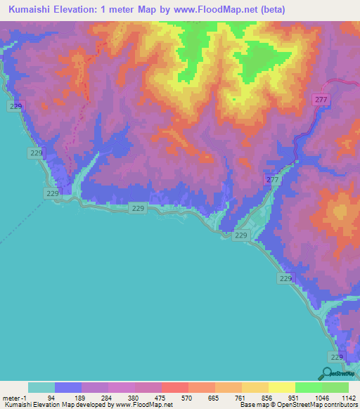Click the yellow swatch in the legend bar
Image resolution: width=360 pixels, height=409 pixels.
(x=282, y=387)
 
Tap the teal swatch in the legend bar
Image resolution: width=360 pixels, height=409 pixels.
(x=41, y=387)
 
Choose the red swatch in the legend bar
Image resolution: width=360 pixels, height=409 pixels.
(x=175, y=387)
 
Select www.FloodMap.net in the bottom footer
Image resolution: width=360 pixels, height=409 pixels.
(x=143, y=405)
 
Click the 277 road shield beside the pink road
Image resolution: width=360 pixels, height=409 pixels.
(x=321, y=100)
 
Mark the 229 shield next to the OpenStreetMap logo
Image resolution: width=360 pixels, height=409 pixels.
(x=337, y=358)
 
